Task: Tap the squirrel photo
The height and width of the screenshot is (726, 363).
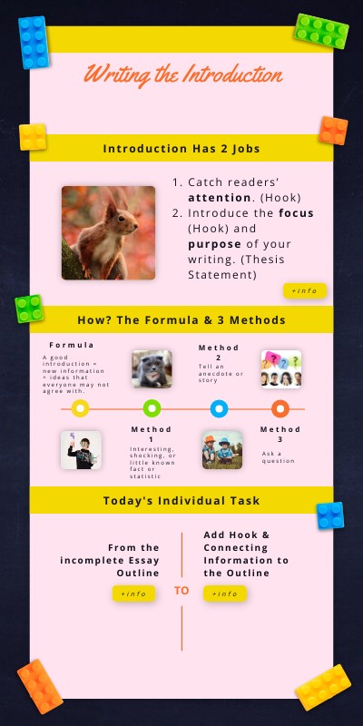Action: [x=108, y=232]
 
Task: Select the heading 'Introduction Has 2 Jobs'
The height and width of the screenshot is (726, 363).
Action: [x=181, y=149]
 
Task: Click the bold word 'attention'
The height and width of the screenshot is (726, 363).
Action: [x=218, y=196]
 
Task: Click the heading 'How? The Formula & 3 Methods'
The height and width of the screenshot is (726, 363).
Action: [x=181, y=319]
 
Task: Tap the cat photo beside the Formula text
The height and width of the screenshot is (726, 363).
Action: [x=152, y=369]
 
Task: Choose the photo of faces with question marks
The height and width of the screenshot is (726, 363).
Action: [x=280, y=369]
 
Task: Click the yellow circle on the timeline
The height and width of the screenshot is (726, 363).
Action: [x=80, y=409]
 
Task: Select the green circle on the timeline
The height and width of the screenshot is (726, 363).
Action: [x=152, y=409]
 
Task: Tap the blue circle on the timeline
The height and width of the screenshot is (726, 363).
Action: [x=219, y=409]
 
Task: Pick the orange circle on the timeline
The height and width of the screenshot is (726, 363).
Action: [x=280, y=409]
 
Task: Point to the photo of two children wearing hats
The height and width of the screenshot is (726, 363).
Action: [x=221, y=449]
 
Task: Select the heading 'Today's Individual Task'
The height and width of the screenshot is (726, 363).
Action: [x=181, y=500]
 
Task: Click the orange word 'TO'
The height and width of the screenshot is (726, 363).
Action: [x=181, y=591]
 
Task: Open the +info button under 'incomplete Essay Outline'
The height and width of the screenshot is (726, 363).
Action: [x=133, y=594]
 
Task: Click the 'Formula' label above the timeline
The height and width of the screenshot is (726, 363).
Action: [x=72, y=346]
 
